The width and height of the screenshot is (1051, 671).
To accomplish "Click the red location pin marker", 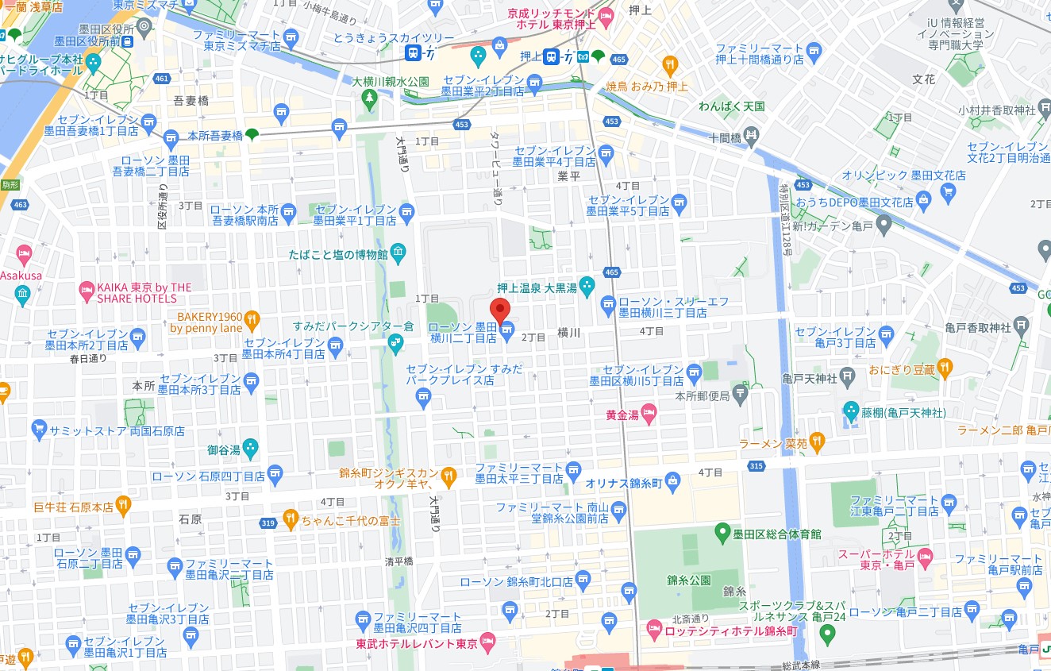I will (x=499, y=310).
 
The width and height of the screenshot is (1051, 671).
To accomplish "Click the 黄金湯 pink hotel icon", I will (x=649, y=412).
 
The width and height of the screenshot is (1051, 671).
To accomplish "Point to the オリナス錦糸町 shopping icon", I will (x=673, y=480).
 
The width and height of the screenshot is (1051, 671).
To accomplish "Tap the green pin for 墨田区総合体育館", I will (x=722, y=532).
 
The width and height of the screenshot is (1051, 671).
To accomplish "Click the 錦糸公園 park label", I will (x=689, y=580).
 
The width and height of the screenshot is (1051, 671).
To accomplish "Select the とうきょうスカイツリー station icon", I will (x=413, y=53).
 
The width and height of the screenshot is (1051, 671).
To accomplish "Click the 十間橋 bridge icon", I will (x=752, y=137).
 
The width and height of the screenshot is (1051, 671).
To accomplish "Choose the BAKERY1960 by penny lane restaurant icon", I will (x=252, y=320).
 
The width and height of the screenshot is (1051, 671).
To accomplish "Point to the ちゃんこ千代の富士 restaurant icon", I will (x=290, y=520).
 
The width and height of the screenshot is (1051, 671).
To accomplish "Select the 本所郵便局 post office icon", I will (x=740, y=393).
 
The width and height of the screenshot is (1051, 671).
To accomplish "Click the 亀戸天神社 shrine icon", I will (x=848, y=376).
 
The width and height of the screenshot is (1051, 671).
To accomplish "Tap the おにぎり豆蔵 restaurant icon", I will (x=944, y=368).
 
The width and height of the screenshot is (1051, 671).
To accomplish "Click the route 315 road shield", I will (x=756, y=465).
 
